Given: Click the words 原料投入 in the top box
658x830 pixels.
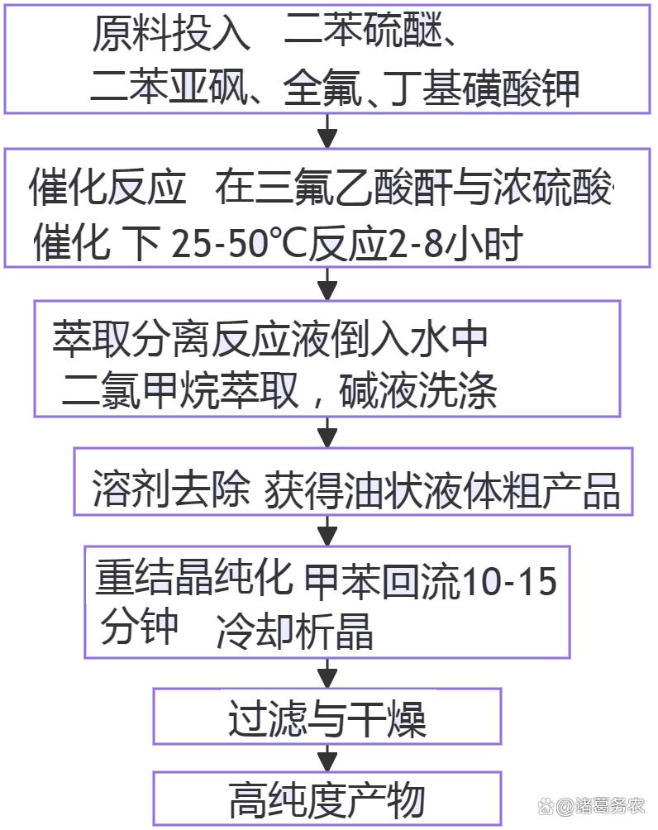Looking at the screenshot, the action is [170, 35].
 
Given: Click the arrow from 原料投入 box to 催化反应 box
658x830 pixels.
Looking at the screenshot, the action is [328, 131].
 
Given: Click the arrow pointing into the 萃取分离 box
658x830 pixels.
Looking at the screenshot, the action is [328, 284].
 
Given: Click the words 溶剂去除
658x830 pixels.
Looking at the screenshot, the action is [171, 490].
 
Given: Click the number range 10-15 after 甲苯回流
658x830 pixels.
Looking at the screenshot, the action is [508, 582].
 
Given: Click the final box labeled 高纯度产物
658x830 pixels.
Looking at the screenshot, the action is [327, 799].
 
